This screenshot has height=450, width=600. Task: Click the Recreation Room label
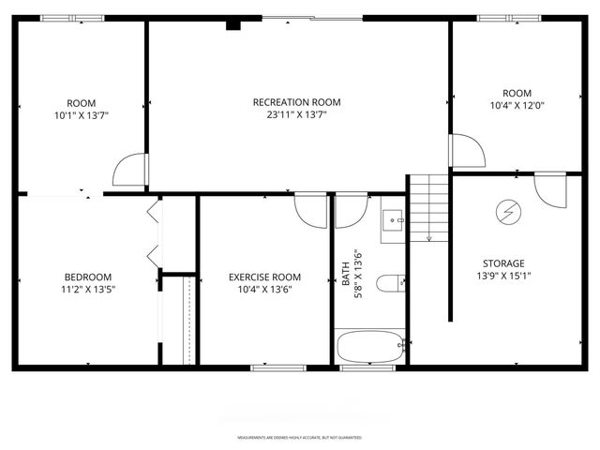[296, 102]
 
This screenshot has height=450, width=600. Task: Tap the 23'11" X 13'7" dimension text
[296, 115]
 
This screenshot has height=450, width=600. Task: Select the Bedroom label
[88, 277]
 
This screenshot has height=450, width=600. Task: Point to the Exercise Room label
[265, 277]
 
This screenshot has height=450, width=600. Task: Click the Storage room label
[503, 263]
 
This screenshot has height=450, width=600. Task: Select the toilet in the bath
[390, 282]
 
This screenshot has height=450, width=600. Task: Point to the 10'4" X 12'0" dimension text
[517, 106]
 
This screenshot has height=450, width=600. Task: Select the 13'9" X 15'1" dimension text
[503, 277]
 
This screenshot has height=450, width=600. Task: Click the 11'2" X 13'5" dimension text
[88, 290]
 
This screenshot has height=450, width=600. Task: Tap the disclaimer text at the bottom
[300, 438]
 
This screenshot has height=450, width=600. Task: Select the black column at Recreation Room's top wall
[233, 24]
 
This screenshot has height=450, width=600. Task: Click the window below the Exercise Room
[278, 367]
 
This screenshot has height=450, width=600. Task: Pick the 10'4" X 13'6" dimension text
[265, 290]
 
